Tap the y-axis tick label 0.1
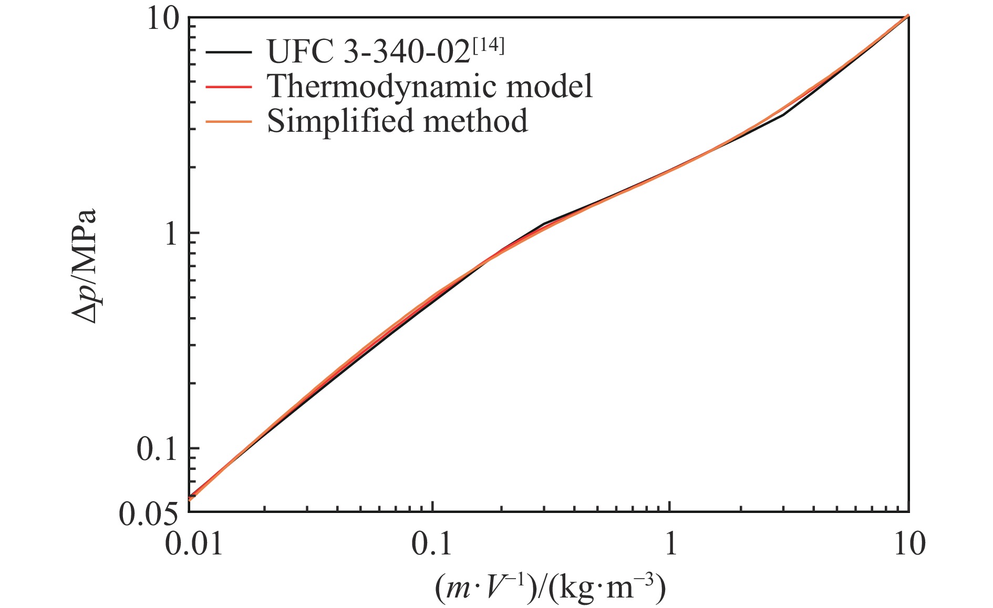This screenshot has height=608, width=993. [157, 449]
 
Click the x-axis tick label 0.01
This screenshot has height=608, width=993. [194, 544]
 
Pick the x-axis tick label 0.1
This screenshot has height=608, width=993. [432, 544]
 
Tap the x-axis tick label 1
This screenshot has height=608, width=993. [670, 544]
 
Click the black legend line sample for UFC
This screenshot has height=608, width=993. [228, 51]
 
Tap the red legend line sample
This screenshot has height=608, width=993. [228, 86]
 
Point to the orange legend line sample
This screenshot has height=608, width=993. [228, 121]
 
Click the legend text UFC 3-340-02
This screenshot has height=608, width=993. [368, 51]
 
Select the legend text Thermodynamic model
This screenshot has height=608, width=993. [430, 86]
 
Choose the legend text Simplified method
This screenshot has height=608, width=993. [397, 121]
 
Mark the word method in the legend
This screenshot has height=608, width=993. [475, 121]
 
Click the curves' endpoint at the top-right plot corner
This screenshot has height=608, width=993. [908, 16]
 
